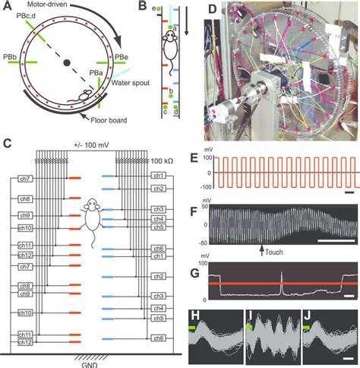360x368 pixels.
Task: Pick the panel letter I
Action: (251, 313)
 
